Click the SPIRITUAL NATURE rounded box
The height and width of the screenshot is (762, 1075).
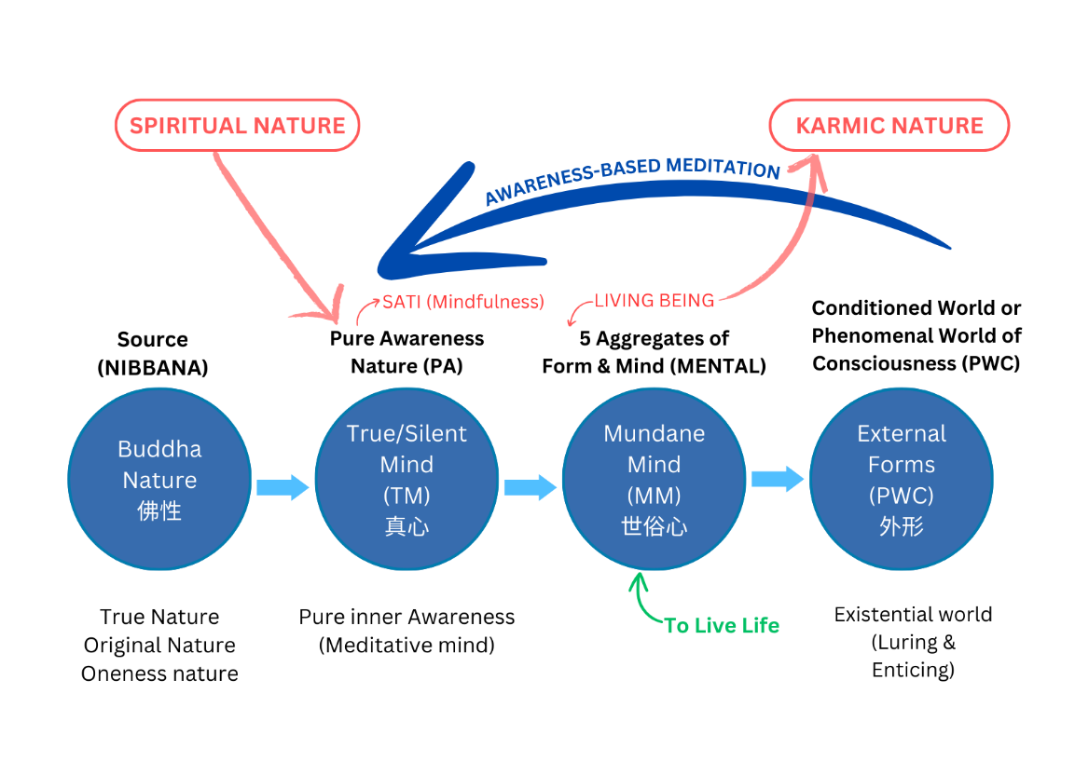pyautogui.click(x=237, y=126)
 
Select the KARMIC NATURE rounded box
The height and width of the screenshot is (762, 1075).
pyautogui.click(x=889, y=126)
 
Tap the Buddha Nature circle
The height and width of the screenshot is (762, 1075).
pyautogui.click(x=159, y=479)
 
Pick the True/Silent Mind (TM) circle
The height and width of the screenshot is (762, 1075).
pyautogui.click(x=407, y=479)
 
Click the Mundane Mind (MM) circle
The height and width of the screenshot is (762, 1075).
pyautogui.click(x=654, y=479)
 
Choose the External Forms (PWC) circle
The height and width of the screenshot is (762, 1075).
pyautogui.click(x=901, y=479)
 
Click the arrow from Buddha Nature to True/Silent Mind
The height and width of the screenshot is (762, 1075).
pyautogui.click(x=283, y=486)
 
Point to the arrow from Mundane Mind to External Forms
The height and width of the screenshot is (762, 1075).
pyautogui.click(x=778, y=479)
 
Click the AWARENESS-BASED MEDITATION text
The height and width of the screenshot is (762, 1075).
pyautogui.click(x=632, y=180)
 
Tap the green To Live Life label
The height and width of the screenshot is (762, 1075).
pyautogui.click(x=722, y=625)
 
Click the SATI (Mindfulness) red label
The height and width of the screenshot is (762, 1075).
pyautogui.click(x=462, y=302)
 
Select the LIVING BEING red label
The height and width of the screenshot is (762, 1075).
pyautogui.click(x=655, y=301)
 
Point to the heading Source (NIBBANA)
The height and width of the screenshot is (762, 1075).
pyautogui.click(x=153, y=353)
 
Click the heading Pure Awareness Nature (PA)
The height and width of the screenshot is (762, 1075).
pyautogui.click(x=407, y=351)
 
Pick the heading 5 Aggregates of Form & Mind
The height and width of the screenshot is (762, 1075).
pyautogui.click(x=654, y=351)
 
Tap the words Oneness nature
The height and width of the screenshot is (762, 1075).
pyautogui.click(x=159, y=674)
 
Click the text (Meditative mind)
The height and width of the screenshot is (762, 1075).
pyautogui.click(x=407, y=645)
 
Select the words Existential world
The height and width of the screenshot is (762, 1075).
pyautogui.click(x=913, y=615)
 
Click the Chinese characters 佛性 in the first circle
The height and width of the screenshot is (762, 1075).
pyautogui.click(x=159, y=510)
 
